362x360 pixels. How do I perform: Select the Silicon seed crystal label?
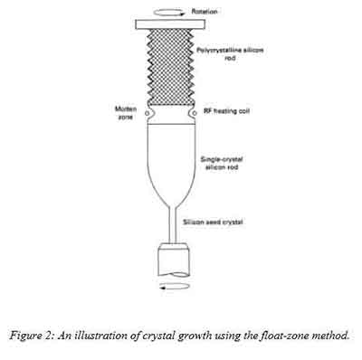[x=218, y=218]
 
